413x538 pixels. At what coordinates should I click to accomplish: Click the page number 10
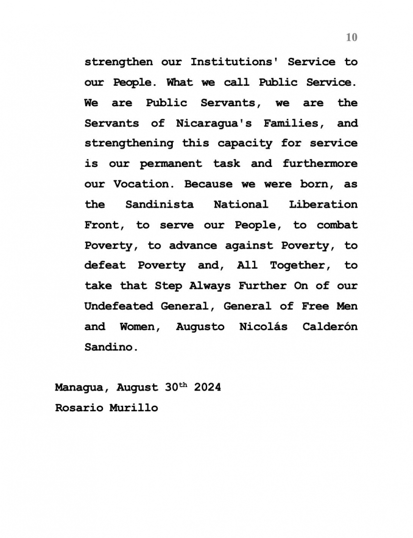coord(351,38)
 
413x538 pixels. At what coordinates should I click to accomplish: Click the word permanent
coord(171,164)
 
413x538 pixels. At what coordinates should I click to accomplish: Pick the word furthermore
coord(320,164)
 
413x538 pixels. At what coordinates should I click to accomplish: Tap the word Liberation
coord(323,205)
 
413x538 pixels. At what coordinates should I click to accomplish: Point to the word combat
coord(337,225)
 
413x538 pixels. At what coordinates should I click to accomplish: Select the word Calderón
coord(330,327)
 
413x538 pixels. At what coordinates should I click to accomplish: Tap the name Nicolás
coord(263,327)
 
